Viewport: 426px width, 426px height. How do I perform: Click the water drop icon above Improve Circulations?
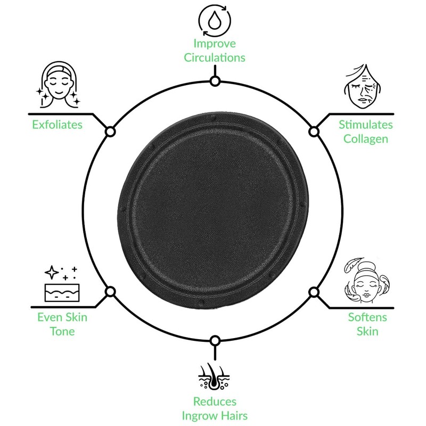click(x=214, y=20)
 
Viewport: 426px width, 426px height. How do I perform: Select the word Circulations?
click(x=214, y=58)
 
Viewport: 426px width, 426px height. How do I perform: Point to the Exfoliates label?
click(x=57, y=125)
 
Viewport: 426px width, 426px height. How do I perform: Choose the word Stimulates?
click(x=366, y=125)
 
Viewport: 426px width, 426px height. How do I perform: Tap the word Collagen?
click(x=366, y=139)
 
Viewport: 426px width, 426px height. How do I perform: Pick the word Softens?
click(x=367, y=318)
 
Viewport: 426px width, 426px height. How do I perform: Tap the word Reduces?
click(x=215, y=402)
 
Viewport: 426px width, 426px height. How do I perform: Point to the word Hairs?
click(x=234, y=415)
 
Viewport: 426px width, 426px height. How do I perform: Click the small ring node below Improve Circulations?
click(x=215, y=81)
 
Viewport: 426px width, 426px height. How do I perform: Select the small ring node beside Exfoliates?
click(x=111, y=132)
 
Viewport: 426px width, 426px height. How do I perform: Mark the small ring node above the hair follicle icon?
click(x=215, y=341)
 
